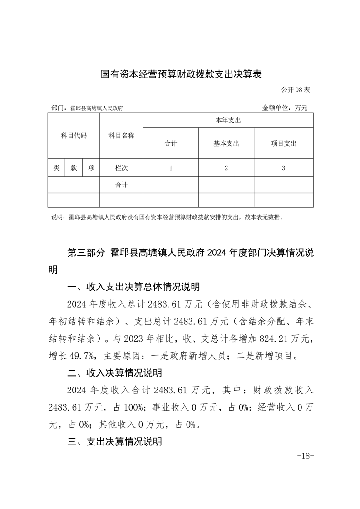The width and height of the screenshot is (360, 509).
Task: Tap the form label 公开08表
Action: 296,90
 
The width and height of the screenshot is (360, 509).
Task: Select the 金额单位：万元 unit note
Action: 285,108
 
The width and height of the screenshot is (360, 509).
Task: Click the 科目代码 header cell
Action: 74,136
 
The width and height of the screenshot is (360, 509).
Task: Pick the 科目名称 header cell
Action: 121,136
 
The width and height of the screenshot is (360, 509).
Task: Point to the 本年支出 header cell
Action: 228,120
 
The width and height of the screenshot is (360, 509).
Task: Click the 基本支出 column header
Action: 226,143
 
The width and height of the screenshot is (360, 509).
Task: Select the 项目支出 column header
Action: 283,143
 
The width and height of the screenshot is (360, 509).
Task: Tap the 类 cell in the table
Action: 56,168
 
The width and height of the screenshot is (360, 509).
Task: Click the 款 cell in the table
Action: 74,168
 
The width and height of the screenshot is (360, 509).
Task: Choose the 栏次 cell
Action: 121,168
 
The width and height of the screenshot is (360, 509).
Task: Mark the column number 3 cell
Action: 283,168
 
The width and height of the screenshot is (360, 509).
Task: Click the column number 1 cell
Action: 171,168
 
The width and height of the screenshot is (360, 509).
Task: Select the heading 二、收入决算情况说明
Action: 114,373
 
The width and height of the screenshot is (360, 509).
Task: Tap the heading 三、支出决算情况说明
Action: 114,441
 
